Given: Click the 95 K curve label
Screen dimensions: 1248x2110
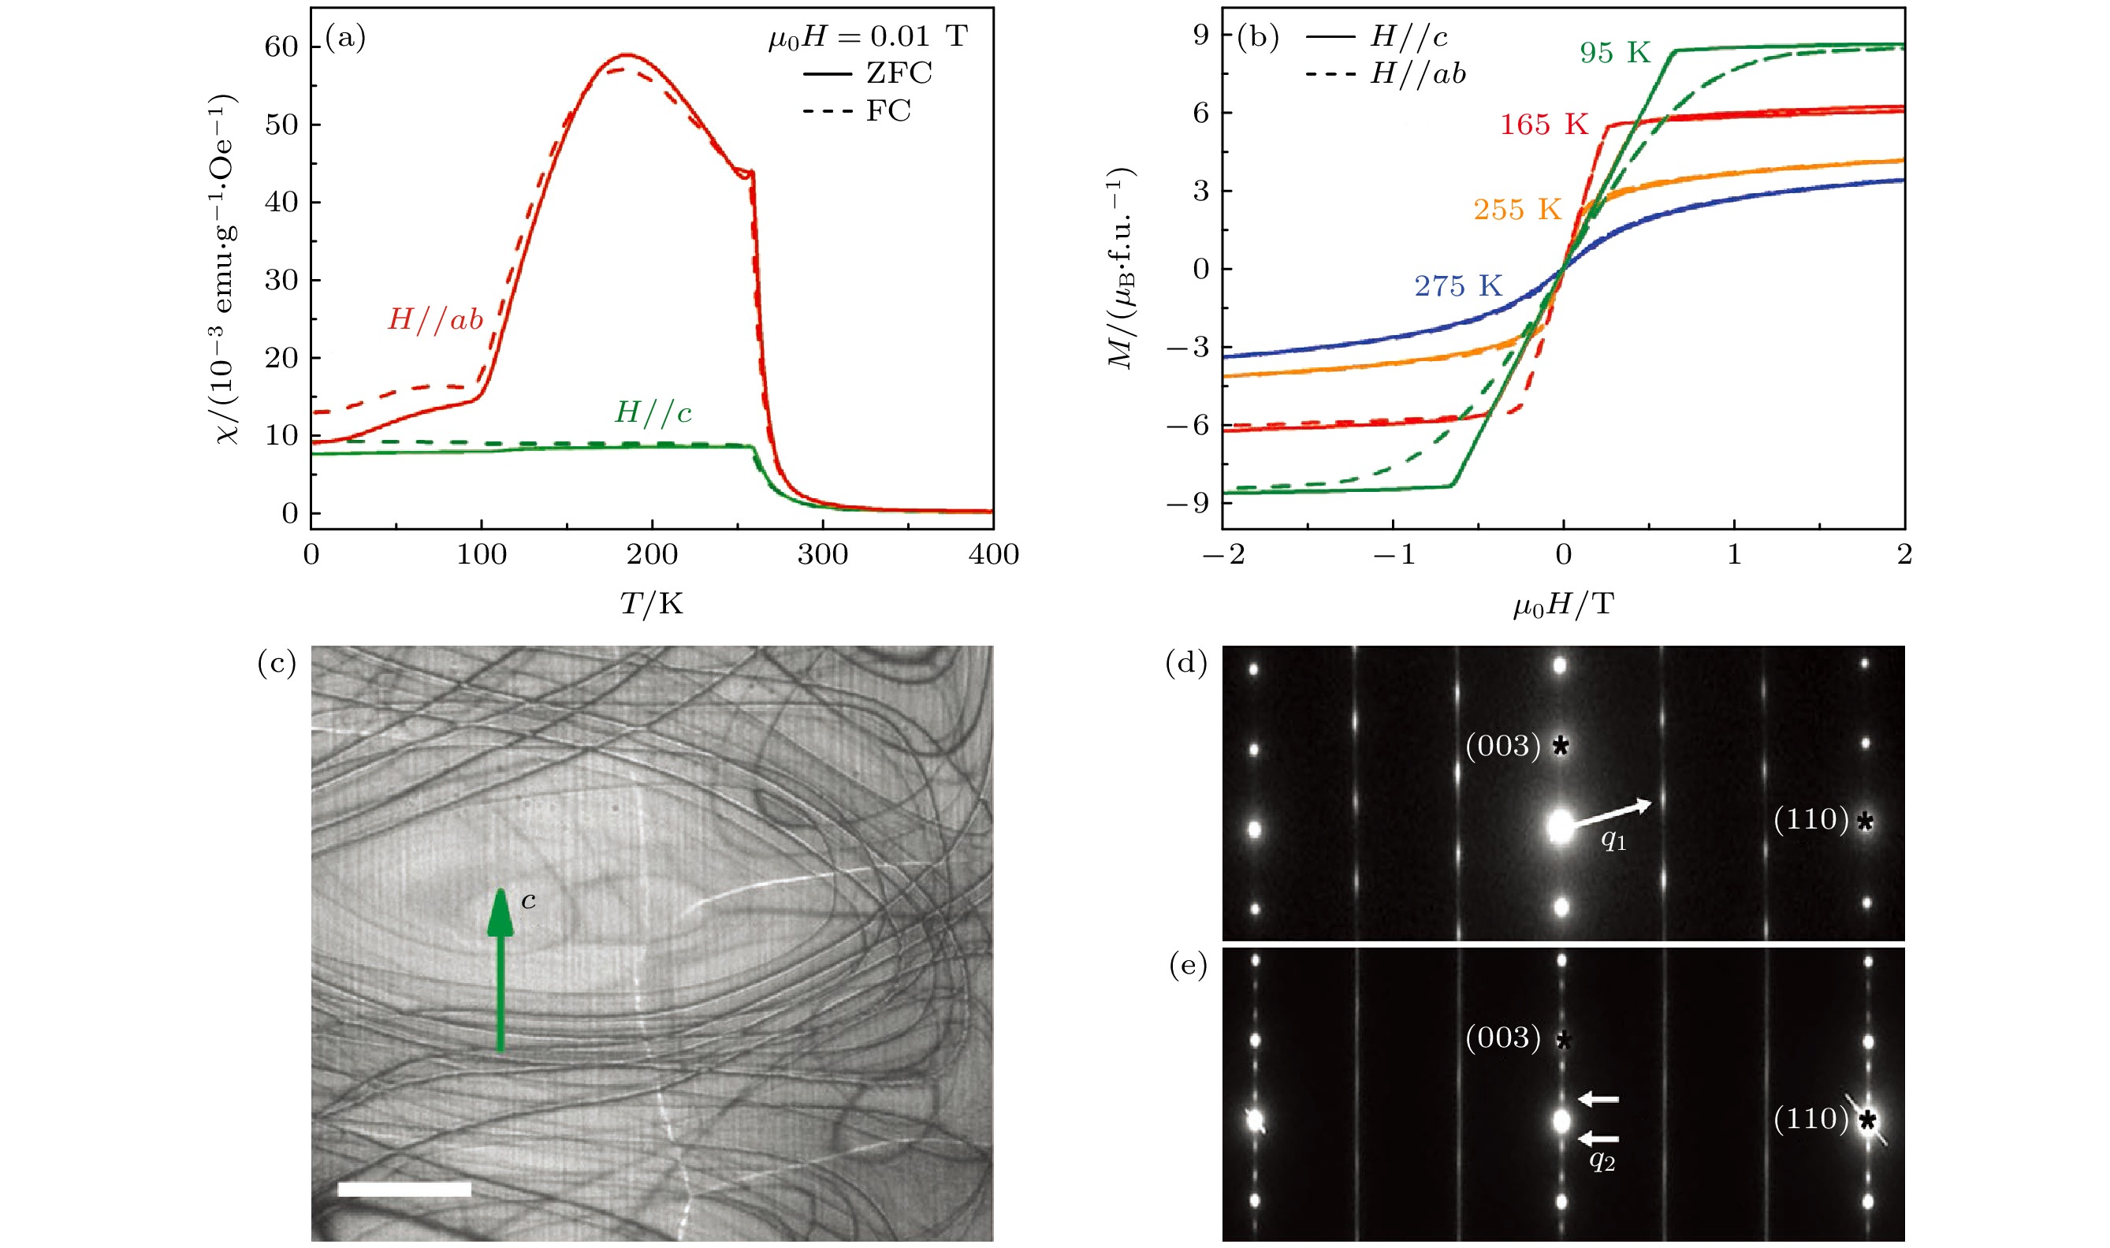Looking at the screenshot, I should (1615, 53).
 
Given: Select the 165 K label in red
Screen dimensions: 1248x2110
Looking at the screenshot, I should (1544, 125).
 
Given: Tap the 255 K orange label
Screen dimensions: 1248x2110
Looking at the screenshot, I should (1516, 210).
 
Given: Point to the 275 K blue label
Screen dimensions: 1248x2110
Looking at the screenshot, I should (1457, 286).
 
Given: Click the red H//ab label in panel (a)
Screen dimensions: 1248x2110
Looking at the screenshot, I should (435, 319).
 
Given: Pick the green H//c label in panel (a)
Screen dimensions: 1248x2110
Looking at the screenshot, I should (653, 412).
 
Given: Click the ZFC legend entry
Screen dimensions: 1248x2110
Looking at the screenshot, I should (899, 73).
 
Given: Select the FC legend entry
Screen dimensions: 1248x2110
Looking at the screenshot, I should (888, 110).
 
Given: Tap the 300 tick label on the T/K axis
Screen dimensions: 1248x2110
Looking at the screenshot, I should (822, 554).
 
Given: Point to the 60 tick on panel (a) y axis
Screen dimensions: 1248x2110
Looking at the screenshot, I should (281, 47).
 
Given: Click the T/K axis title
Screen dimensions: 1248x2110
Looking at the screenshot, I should (652, 603).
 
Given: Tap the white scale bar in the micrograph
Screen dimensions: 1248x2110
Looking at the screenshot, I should (404, 1188).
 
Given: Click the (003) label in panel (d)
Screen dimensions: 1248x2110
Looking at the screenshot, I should (1503, 745).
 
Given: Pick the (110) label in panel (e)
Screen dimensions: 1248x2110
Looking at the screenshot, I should (1810, 1119).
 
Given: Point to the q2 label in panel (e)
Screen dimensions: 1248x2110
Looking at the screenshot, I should (1602, 1160).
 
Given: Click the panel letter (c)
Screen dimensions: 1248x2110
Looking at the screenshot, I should (277, 664).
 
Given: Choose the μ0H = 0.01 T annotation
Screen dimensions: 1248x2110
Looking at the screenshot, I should (868, 36).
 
